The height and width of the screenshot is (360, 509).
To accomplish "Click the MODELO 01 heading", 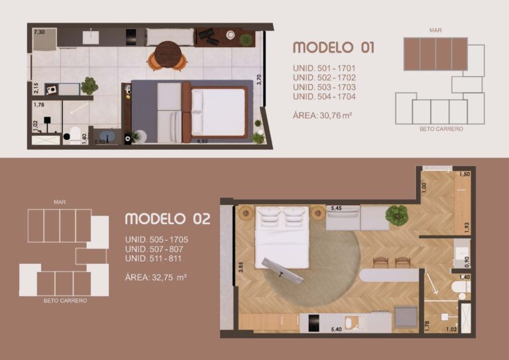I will tap(333, 47).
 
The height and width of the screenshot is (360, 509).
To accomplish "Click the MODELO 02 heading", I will tap(168, 219).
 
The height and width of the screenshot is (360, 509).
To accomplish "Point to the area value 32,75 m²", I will tap(156, 277).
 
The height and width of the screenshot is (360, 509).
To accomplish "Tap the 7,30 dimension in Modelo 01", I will tap(39, 32).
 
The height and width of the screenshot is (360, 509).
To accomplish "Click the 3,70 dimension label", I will tap(260, 80).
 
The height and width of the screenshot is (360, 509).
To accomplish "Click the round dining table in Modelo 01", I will tap(168, 52).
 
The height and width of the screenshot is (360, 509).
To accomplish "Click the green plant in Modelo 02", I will tap(397, 214).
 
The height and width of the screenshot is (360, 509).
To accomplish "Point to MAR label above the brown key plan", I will tap(435, 30).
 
